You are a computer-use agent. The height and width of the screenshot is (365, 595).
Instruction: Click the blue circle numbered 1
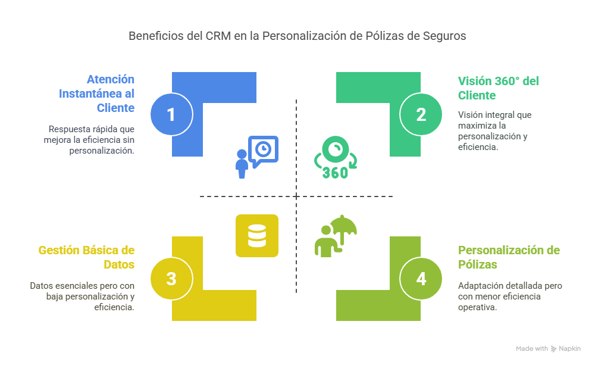[x=171, y=114]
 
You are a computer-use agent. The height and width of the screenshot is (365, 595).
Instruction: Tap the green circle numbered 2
[x=421, y=114]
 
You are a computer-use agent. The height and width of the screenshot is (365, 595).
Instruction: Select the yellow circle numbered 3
[x=171, y=279]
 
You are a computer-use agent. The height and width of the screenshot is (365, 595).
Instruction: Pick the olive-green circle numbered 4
[x=421, y=279]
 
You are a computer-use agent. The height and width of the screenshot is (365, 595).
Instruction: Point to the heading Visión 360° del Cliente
[x=498, y=88]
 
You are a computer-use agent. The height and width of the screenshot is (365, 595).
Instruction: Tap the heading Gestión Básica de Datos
[x=86, y=257]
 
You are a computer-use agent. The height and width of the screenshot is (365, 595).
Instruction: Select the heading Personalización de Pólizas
[x=509, y=257]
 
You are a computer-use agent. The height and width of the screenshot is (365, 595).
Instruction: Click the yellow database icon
[x=257, y=235]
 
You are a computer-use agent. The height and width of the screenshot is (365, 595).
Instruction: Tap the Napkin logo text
[x=569, y=349]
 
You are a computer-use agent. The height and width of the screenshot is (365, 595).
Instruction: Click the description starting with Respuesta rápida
[x=91, y=139]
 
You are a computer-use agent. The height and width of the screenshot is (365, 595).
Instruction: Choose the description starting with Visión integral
[x=495, y=130]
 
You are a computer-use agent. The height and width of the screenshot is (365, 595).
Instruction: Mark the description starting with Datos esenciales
[x=83, y=296]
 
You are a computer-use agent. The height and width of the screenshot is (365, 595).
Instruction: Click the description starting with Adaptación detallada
[x=510, y=296]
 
